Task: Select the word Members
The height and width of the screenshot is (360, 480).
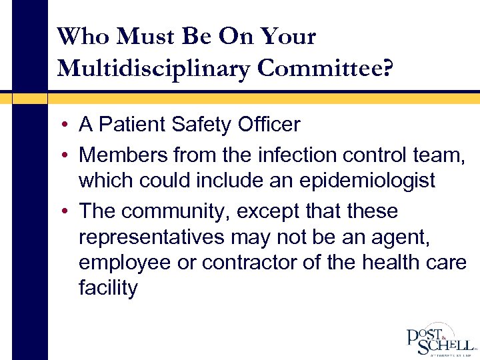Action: click(123, 155)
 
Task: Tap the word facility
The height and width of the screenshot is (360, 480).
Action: click(107, 288)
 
